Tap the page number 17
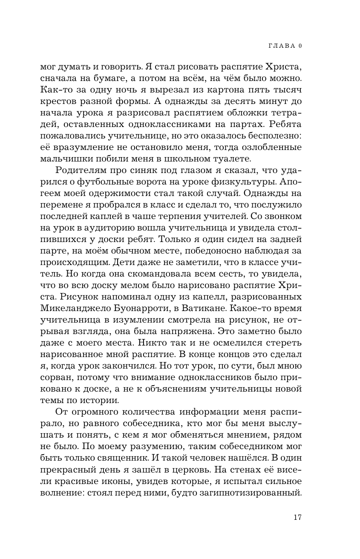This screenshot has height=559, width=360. [297, 517]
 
